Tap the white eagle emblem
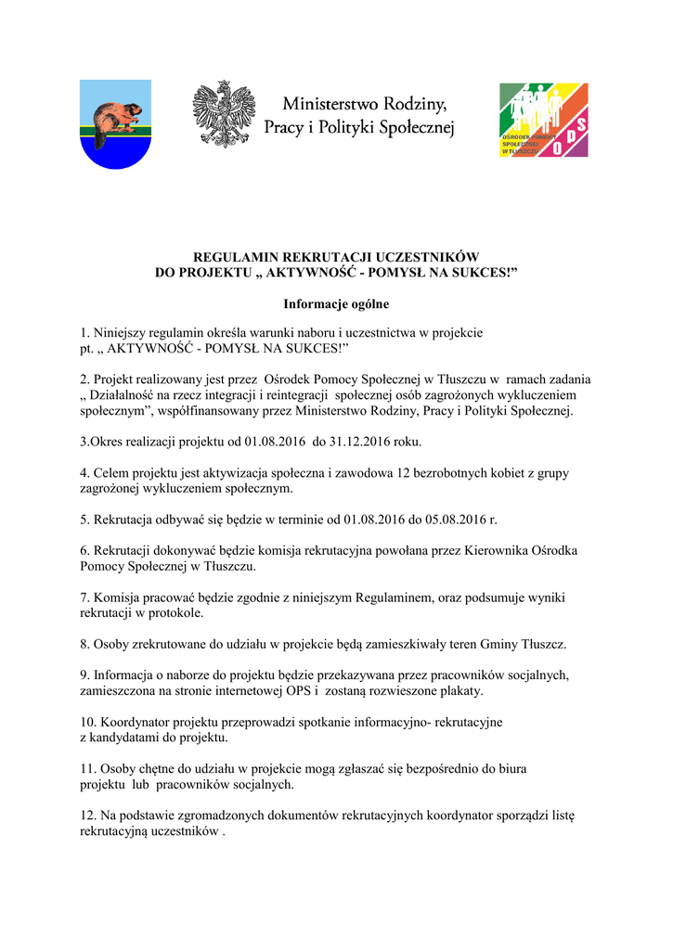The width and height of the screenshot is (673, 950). (x=223, y=114)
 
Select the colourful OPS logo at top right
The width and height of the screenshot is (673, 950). (x=543, y=120)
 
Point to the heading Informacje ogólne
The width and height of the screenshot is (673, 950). (x=336, y=303)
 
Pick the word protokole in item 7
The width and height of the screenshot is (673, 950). (x=175, y=613)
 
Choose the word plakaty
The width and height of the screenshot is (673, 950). (x=451, y=691)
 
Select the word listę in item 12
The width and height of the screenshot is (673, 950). (x=560, y=816)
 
